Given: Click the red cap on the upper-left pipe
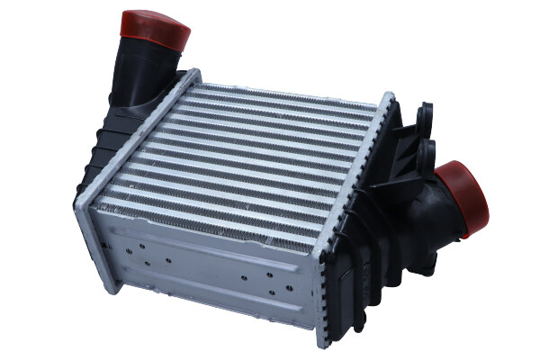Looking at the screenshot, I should point(155,29).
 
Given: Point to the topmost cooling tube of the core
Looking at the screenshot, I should point(288,90).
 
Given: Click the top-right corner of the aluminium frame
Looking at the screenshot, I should point(389,95).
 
